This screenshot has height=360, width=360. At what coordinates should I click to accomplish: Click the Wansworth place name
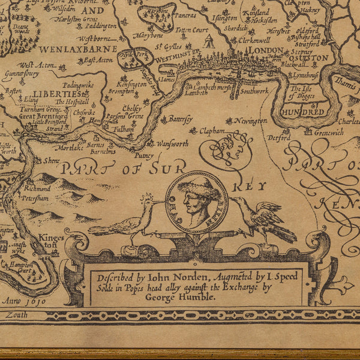pyautogui.click(x=172, y=143)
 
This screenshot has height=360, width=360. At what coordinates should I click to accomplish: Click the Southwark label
pyautogui.click(x=254, y=92)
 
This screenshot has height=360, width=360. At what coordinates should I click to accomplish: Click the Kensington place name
pyautogui.click(x=130, y=85)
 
